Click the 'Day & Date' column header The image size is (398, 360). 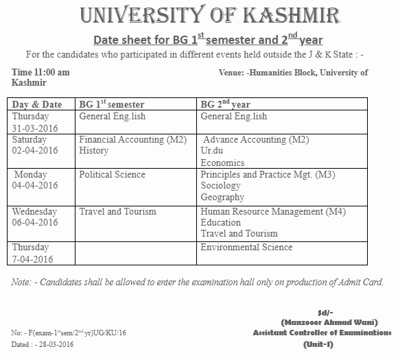click(x=37, y=104)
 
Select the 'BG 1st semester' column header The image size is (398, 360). click(x=111, y=104)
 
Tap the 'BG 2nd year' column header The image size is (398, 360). click(x=225, y=104)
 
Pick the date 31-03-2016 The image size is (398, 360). click(x=35, y=128)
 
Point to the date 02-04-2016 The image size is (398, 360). click(x=35, y=151)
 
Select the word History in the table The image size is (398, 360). click(x=93, y=151)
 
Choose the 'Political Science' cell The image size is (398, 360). click(x=112, y=175)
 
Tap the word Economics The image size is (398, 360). click(x=222, y=163)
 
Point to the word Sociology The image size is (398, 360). click(x=220, y=186)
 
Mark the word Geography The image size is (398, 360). click(x=222, y=197)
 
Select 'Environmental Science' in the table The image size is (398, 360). click(x=246, y=248)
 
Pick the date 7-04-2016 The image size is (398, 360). click(x=32, y=259)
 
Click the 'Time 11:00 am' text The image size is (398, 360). click(x=40, y=72)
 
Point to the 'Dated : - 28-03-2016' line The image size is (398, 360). click(x=43, y=344)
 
